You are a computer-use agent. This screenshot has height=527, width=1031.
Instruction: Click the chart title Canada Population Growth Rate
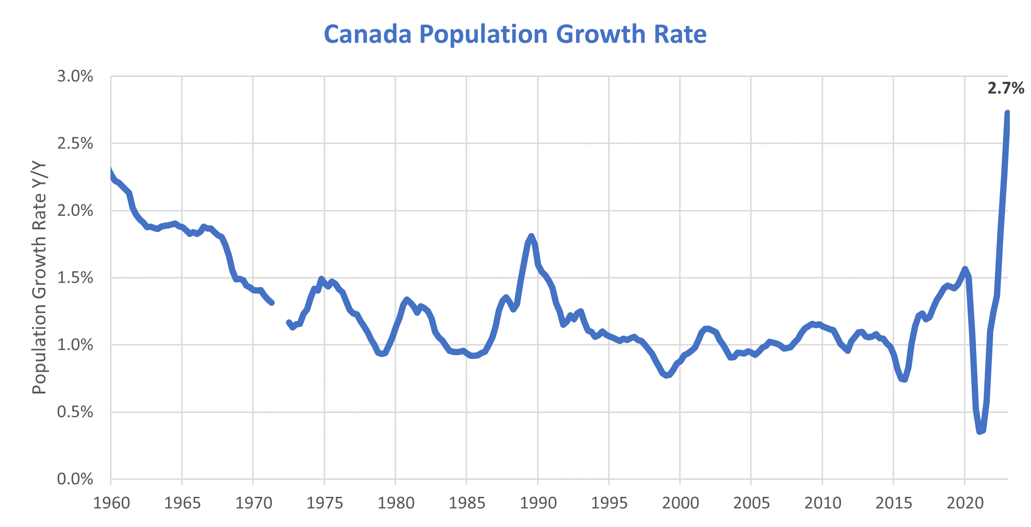(x=515, y=34)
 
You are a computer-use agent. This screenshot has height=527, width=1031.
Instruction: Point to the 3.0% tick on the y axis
(x=75, y=76)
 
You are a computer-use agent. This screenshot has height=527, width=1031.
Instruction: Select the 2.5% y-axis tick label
(x=75, y=143)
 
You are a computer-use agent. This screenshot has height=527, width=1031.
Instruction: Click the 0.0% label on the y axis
(x=75, y=479)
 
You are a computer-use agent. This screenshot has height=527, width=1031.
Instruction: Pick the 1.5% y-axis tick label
(x=75, y=278)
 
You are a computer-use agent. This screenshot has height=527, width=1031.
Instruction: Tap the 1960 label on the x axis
(x=111, y=503)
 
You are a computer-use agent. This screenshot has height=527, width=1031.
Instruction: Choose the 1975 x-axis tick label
(x=324, y=503)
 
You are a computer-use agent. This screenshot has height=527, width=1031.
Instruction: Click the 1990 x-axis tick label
(x=538, y=503)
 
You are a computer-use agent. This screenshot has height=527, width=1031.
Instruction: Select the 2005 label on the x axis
(x=751, y=503)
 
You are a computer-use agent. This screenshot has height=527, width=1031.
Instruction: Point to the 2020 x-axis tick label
(x=965, y=503)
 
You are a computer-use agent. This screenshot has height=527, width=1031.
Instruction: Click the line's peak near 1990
(x=531, y=236)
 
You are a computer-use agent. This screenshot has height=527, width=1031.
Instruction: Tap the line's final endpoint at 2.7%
(x=1008, y=113)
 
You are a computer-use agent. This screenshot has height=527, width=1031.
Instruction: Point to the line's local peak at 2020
(x=965, y=269)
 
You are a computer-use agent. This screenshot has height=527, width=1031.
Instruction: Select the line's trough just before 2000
(x=667, y=375)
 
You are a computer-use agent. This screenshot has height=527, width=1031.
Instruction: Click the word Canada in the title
(x=368, y=34)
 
